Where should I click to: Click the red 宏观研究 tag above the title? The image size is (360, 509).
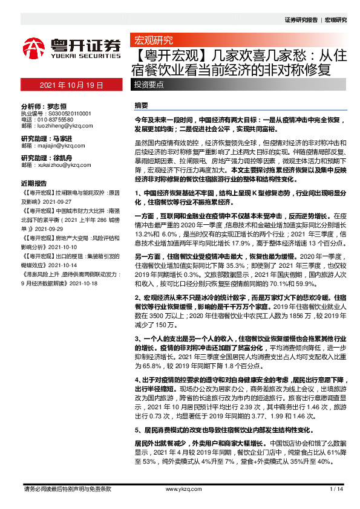click(x=152, y=41)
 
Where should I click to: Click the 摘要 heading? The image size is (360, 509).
click(x=141, y=105)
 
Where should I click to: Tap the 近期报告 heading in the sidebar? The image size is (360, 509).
click(x=34, y=183)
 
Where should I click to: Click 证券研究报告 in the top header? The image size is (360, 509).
click(x=301, y=19)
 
